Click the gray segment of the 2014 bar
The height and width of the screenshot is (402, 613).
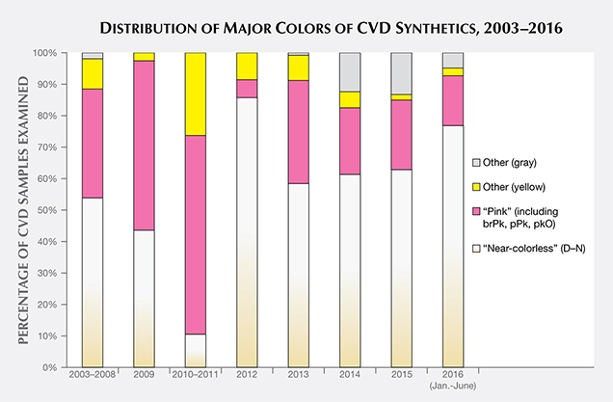coord(351,72)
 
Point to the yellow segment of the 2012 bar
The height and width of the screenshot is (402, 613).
coord(248,66)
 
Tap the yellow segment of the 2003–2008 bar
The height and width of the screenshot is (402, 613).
coord(93,73)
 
